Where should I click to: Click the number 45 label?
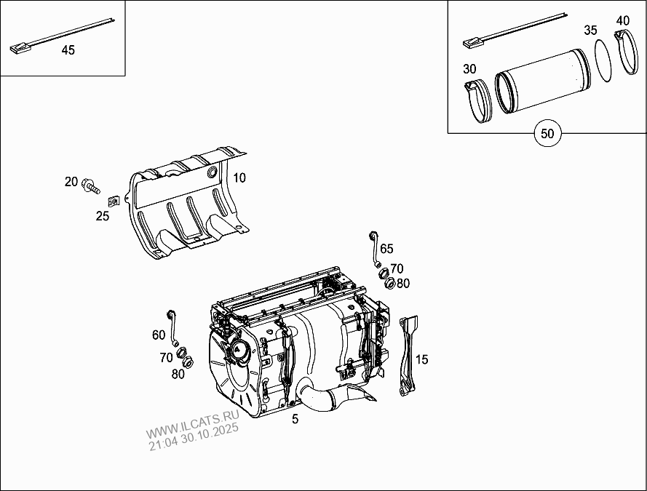[x=68, y=50]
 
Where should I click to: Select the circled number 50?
[x=547, y=134]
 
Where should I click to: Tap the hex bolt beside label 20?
[x=91, y=184]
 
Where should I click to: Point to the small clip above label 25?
[x=114, y=200]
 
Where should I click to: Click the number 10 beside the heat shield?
[x=239, y=177]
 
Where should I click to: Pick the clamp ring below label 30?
[x=478, y=102]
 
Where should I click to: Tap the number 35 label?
[x=590, y=31]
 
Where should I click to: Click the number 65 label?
[x=386, y=249]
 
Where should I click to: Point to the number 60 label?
[x=158, y=335]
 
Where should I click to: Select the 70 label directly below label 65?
[x=396, y=268]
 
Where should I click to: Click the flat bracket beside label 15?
[x=407, y=356]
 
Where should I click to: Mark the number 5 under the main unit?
[x=295, y=419]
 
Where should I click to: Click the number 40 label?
[x=622, y=20]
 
